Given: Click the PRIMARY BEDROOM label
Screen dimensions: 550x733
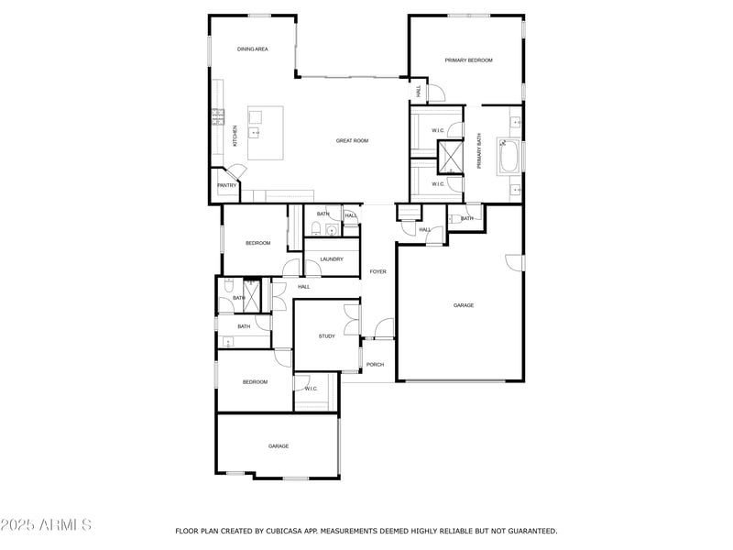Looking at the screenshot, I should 468,60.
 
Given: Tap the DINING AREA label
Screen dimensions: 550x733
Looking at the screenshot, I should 252,49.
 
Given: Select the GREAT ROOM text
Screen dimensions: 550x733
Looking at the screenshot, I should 352,140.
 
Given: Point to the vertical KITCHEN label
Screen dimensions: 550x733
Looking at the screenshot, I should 235,136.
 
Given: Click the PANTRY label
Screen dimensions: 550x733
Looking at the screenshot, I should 226,185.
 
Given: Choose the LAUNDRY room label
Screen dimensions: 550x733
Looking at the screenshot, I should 332,259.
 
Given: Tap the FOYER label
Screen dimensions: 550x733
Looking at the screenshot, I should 377,271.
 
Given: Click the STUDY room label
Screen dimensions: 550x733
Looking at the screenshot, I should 327,335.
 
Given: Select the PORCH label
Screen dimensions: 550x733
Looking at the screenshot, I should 375,364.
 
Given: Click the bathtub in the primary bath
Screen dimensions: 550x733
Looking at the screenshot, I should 509,156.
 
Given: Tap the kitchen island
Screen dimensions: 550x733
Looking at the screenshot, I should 265,133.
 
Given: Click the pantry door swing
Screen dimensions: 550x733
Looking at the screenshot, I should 237,172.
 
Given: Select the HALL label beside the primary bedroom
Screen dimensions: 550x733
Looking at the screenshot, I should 419,91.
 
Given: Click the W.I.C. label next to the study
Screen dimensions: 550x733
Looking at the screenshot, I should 311,389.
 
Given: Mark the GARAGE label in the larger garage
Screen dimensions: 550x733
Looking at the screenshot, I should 464,305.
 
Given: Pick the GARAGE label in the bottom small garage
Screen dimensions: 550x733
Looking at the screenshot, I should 279,446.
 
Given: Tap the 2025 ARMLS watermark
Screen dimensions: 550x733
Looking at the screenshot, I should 46,525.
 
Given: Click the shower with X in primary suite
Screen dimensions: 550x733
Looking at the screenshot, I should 451,157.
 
